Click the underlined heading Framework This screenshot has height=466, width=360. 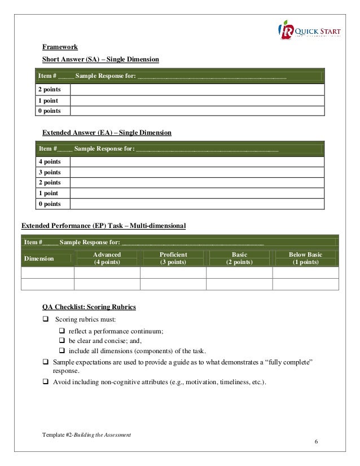(60, 47)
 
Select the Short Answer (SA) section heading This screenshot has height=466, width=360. (101, 60)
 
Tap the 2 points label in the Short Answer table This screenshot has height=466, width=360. (50, 90)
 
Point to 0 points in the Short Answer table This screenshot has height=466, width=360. (50, 111)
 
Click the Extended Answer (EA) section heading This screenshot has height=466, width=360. (107, 133)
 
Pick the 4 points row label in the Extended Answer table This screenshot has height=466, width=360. (50, 162)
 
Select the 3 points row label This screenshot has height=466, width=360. (50, 172)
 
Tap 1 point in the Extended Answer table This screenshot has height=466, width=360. (49, 193)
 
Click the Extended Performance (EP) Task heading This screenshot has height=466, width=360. (103, 226)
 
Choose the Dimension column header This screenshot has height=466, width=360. (38, 258)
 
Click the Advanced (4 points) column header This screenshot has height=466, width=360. (107, 258)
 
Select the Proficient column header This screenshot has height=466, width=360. (173, 258)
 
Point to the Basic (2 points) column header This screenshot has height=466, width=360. (239, 258)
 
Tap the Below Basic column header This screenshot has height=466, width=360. (305, 258)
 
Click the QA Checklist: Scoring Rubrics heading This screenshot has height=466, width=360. (89, 307)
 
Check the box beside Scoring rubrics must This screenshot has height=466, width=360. (46, 320)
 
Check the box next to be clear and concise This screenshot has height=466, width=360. (63, 341)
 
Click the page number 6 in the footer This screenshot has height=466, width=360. (317, 441)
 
